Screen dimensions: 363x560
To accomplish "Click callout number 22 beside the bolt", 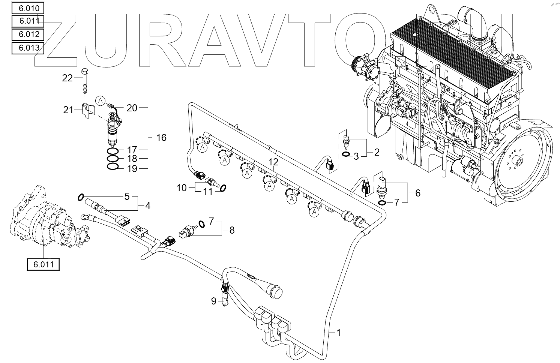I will click(67, 78).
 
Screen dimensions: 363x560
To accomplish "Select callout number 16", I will click(161, 138).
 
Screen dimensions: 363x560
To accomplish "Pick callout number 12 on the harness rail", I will click(274, 162).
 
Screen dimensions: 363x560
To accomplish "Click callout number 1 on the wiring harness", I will click(339, 332).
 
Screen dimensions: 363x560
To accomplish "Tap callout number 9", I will click(214, 301).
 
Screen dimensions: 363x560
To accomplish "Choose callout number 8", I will click(232, 230).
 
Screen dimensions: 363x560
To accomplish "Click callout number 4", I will click(148, 205).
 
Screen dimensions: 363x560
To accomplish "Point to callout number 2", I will click(377, 152).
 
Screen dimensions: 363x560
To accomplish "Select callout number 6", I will click(417, 193).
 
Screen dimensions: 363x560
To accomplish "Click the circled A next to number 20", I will click(100, 100).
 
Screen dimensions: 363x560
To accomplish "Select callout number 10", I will click(182, 187).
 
